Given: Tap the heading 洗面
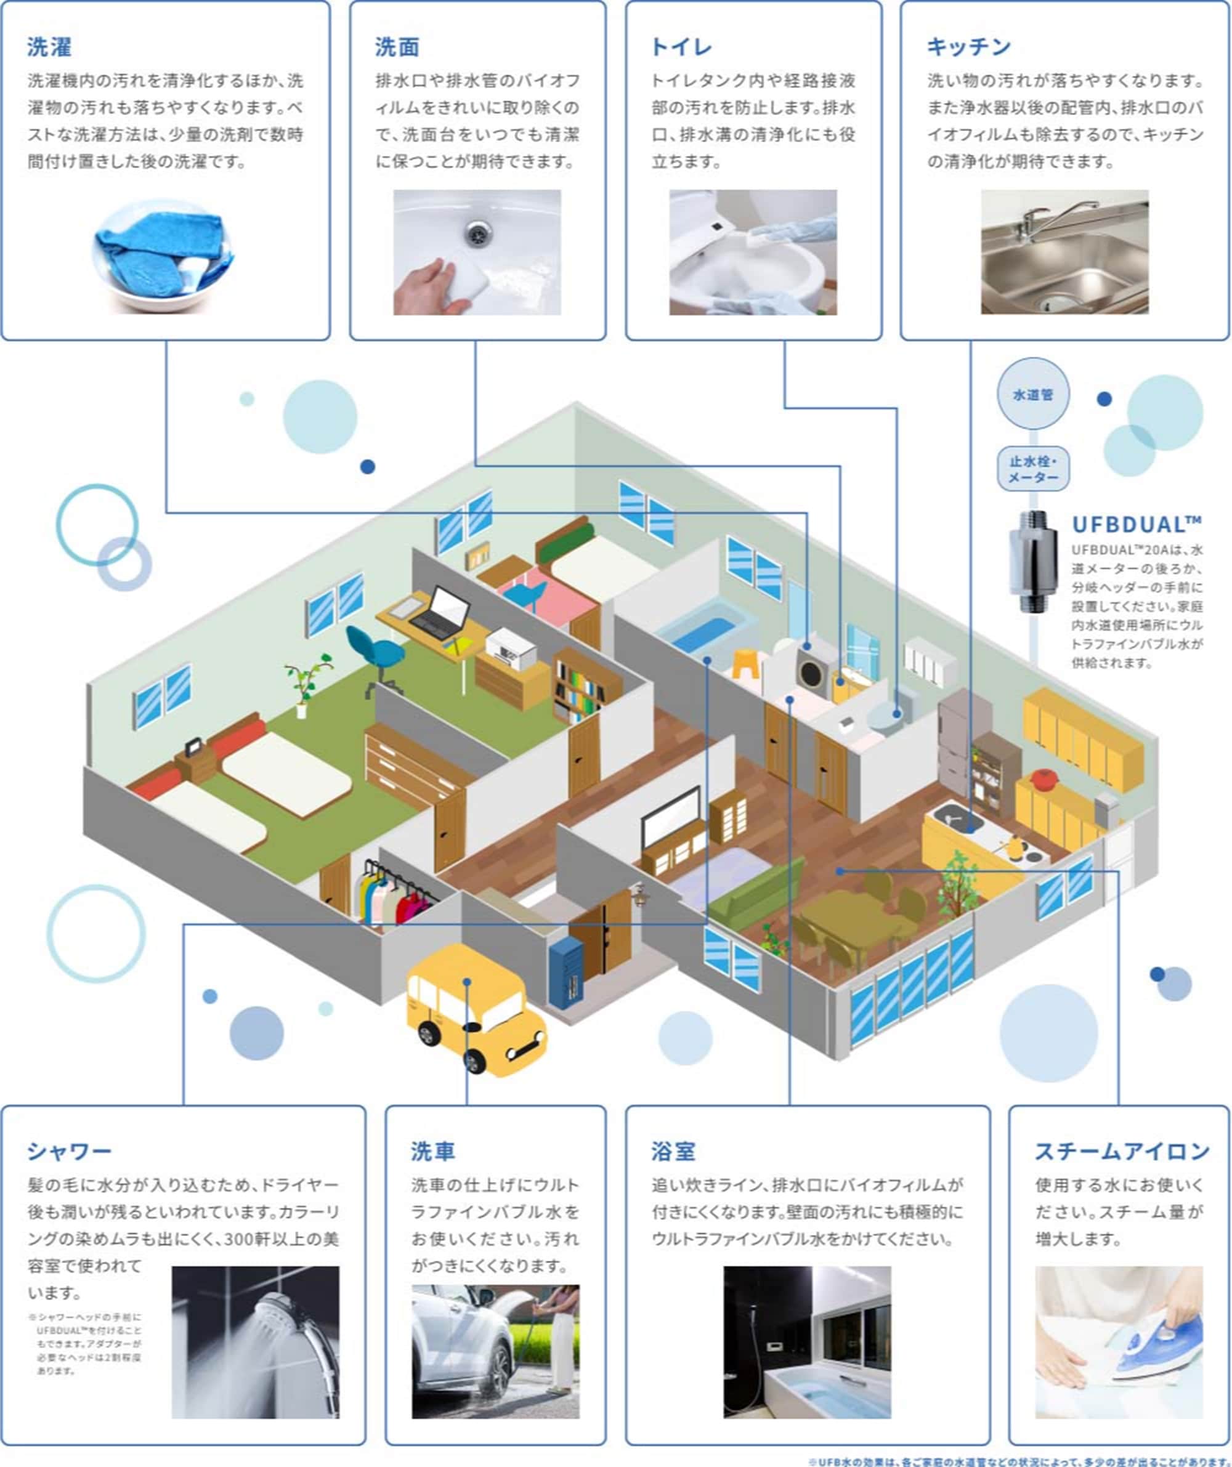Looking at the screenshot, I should click(x=397, y=47).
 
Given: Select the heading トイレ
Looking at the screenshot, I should click(x=681, y=47).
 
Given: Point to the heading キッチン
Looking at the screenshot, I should click(x=968, y=47).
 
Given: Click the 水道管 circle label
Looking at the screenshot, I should click(x=1033, y=395).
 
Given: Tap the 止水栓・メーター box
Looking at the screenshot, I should click(x=1033, y=469).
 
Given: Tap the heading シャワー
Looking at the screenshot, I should click(x=69, y=1151).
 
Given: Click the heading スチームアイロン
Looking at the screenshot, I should click(x=1122, y=1151).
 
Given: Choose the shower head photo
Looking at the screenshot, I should click(x=255, y=1342).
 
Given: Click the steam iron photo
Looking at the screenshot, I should click(x=1119, y=1342).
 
